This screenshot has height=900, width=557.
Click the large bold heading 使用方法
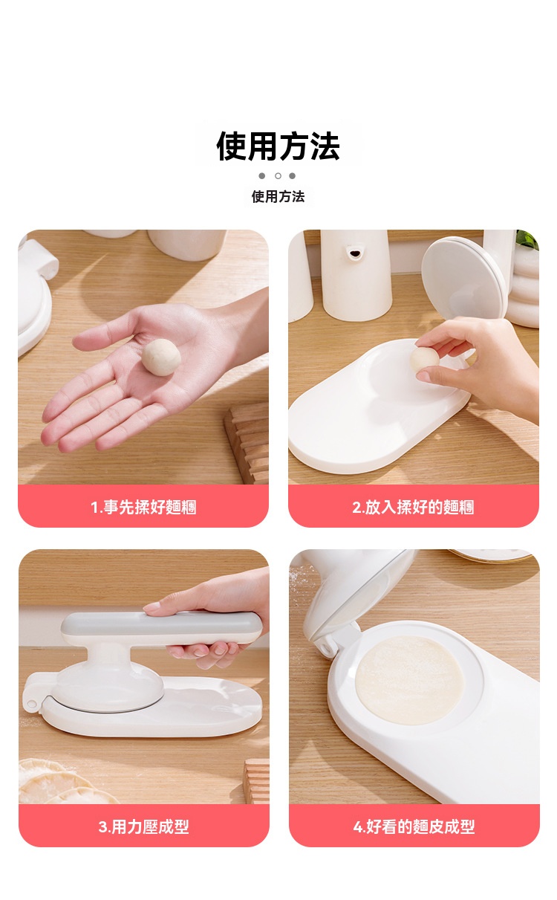click(x=278, y=146)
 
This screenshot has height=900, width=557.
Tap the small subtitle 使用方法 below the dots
click(x=278, y=196)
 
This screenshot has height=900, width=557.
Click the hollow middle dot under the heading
click(x=278, y=176)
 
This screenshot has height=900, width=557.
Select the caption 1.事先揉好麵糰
click(x=143, y=507)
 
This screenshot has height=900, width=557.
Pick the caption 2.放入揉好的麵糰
click(x=413, y=507)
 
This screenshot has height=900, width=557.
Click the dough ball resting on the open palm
click(x=161, y=357)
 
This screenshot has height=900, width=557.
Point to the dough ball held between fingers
click(x=425, y=359)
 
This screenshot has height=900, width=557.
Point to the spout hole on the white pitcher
click(x=354, y=253)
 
